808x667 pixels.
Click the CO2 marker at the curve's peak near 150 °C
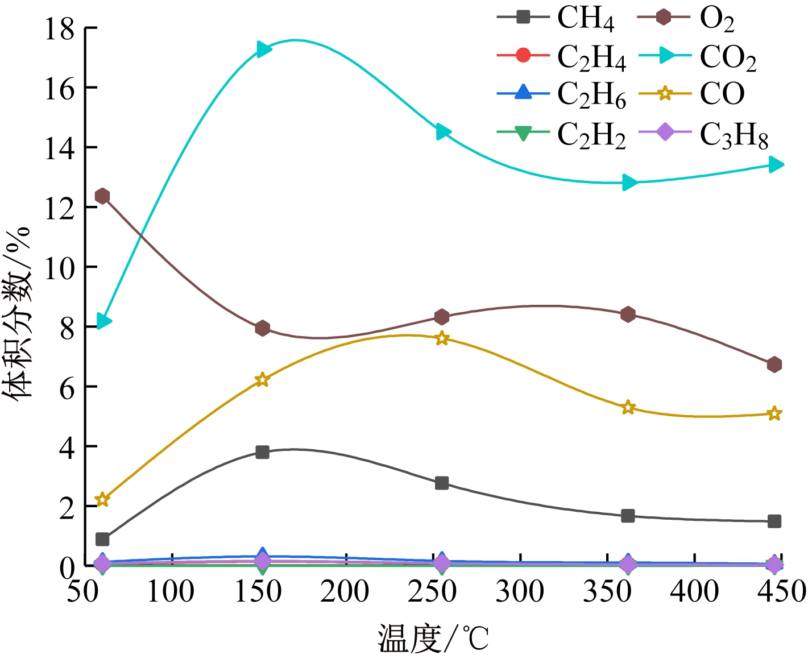(x=263, y=49)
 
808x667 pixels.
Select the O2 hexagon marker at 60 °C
(x=102, y=196)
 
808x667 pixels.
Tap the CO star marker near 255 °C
(x=442, y=339)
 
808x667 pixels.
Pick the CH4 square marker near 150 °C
(x=262, y=452)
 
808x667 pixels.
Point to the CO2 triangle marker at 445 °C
(x=775, y=165)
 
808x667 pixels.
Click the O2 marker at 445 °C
(x=774, y=364)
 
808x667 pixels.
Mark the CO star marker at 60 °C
(x=102, y=499)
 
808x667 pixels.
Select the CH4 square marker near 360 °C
(x=628, y=516)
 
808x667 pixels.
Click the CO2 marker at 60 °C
(x=103, y=321)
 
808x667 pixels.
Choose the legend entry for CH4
(x=586, y=18)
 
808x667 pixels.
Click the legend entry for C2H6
(x=591, y=94)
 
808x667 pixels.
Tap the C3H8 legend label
(x=734, y=135)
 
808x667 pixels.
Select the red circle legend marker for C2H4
(x=523, y=56)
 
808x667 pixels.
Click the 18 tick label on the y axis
(x=60, y=28)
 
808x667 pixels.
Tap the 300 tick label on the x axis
(x=520, y=591)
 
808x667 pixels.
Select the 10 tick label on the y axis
(x=60, y=267)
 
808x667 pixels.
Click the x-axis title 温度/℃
(x=433, y=639)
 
